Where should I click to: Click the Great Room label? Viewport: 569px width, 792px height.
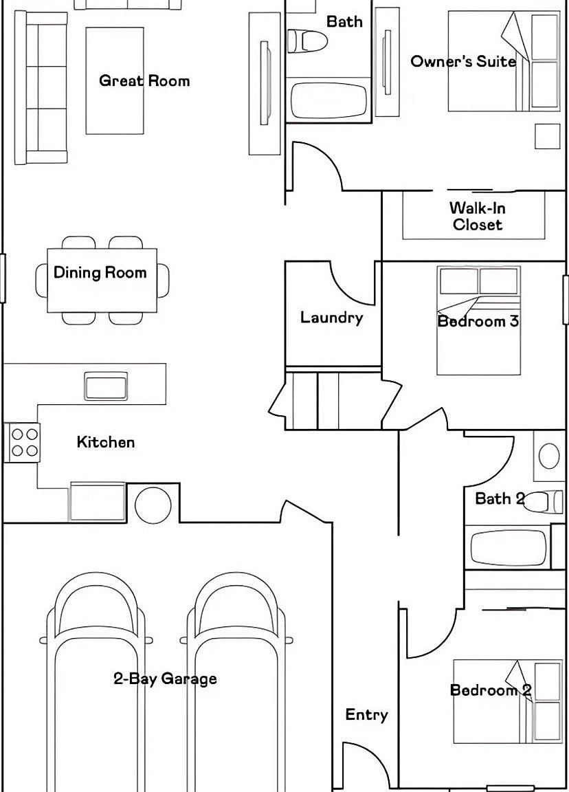coord(144,81)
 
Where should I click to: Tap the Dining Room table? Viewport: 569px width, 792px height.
coord(102,280)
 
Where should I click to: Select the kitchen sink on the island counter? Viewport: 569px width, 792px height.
coord(106,386)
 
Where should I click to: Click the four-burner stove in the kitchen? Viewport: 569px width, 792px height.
coord(22,442)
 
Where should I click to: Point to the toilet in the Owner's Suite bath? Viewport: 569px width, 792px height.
coord(307,41)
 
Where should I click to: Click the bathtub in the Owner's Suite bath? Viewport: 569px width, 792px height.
coord(329,100)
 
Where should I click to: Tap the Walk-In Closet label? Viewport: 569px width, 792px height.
coord(478,216)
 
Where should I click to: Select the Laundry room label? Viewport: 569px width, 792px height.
coord(332,317)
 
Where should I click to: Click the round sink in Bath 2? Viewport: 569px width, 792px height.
coord(549,456)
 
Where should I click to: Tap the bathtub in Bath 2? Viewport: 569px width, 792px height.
coord(509,548)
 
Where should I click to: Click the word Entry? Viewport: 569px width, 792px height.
coord(366,715)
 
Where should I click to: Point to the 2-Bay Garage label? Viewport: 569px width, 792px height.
coord(165,679)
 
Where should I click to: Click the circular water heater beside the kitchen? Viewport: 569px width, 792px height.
coord(153,505)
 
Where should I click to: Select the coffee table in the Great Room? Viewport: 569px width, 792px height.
coord(115,81)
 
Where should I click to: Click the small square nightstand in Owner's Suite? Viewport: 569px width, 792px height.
coord(547,136)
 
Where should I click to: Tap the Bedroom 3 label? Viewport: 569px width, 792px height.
coord(478,321)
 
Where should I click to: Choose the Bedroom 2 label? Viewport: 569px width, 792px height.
coord(491,690)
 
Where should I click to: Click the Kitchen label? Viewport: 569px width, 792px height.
coord(106,442)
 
